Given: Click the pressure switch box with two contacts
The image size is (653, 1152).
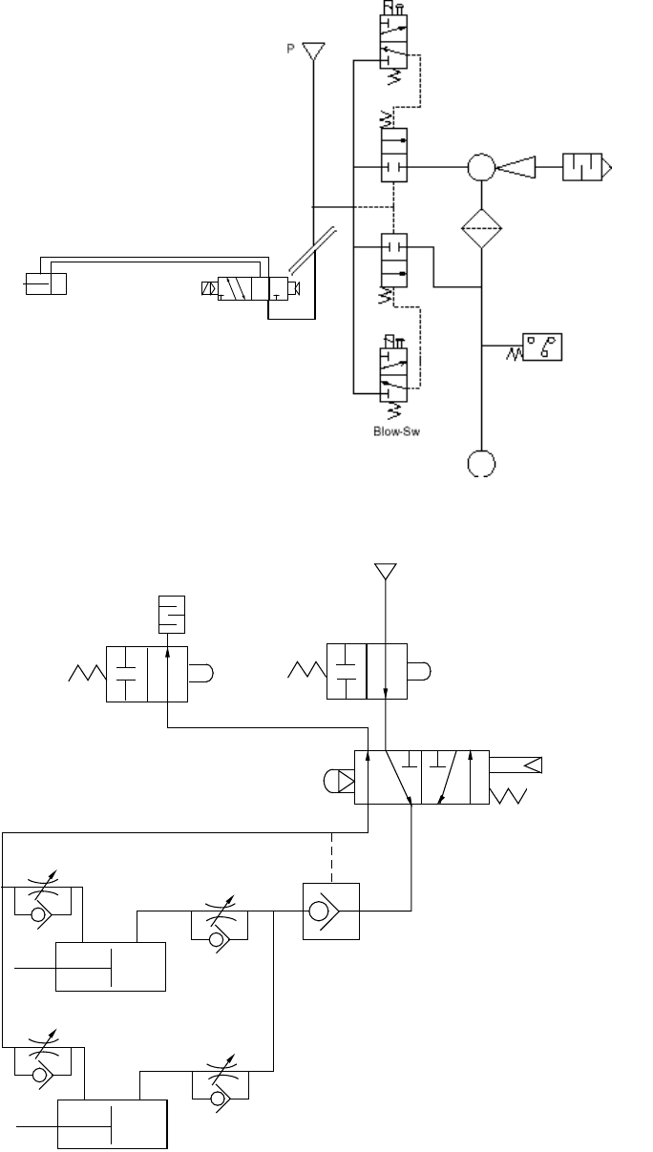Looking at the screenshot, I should coord(541,346).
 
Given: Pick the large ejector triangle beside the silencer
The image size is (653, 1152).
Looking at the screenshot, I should coord(516,168).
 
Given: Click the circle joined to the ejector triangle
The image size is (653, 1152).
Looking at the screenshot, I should coord(481,168).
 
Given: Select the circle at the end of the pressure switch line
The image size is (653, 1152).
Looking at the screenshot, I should coord(481,463).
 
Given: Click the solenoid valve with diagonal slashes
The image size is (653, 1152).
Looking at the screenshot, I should coord(246,289).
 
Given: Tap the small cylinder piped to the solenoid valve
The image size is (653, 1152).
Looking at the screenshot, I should coord(47,283).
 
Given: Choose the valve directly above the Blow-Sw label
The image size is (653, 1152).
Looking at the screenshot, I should coord(394,368).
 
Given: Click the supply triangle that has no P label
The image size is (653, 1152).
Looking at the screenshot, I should coord(385,572).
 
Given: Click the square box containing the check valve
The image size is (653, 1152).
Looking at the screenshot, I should coord(329,911).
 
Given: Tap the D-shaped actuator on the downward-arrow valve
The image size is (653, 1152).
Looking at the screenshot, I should coord(420,674).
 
